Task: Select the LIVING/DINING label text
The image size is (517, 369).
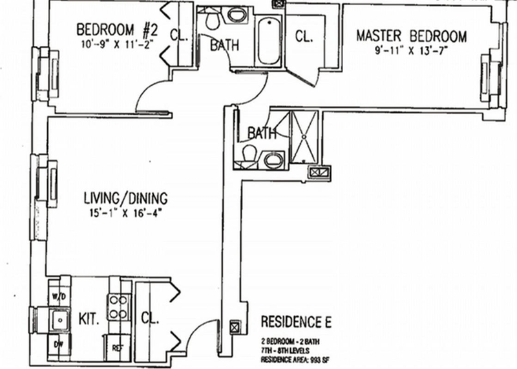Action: (x=125, y=198)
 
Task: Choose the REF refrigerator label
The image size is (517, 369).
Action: (x=117, y=346)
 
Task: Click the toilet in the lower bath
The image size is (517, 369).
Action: (x=249, y=154)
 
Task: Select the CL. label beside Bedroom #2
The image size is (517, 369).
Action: (x=179, y=35)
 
